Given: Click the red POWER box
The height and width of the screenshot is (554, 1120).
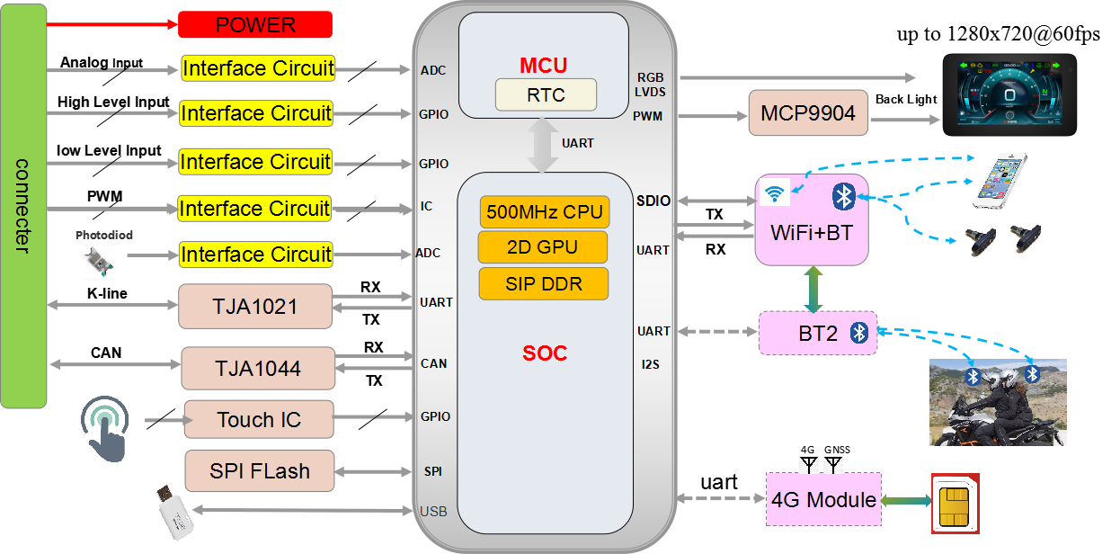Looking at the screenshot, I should pos(255,24).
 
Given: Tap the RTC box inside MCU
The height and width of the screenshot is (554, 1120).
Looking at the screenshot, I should pos(546,94).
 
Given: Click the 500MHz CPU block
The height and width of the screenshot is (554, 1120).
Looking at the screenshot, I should pos(545,213).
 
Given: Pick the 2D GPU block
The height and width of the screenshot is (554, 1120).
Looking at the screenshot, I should pos(545,247).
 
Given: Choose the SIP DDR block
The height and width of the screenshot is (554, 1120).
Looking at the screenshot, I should pos(545,283).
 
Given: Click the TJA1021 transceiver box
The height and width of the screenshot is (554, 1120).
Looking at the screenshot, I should pos(255,307).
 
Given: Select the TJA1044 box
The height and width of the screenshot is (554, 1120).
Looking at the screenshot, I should pos(257,368).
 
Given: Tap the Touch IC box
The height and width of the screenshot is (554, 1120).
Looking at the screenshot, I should pos(258,419).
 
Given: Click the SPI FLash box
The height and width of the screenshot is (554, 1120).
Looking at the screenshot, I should pos(259,470).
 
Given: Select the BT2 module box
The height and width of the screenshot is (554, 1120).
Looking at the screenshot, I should pos(817,334).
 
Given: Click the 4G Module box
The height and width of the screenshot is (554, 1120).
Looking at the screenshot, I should pos(822,499).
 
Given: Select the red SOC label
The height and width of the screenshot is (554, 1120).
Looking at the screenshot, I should pos(545,353).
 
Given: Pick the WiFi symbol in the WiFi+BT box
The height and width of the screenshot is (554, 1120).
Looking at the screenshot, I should pos(772,192).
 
